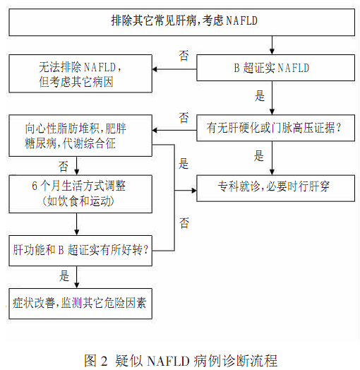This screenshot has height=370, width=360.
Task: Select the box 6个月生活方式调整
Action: pos(77,194)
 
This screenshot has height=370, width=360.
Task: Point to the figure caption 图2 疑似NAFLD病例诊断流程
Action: pos(180,359)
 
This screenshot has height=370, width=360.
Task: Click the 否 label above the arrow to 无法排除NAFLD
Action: pos(184,54)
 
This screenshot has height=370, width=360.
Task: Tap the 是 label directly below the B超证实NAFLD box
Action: pos(260,96)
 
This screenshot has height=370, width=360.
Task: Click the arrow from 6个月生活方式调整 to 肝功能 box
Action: pos(77,224)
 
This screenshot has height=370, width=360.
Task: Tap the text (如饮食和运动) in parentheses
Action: pos(77,201)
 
